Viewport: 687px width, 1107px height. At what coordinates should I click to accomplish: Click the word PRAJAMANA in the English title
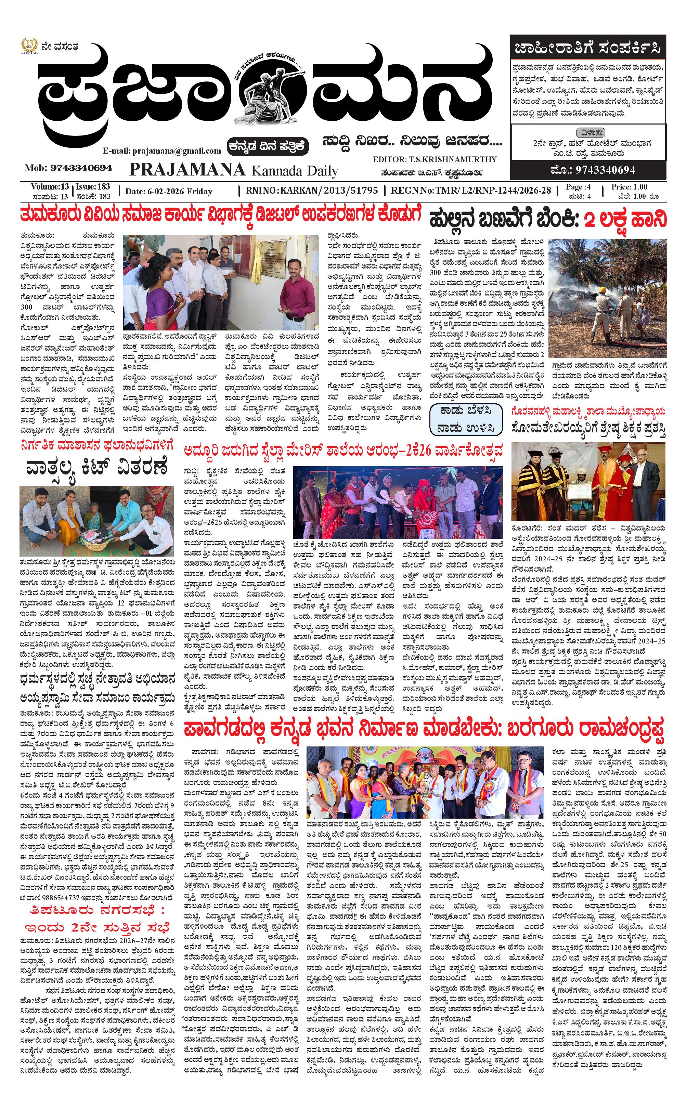point(187,170)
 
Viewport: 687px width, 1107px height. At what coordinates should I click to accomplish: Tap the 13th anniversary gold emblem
point(29,46)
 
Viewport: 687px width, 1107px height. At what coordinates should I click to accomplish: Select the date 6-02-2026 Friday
point(169,191)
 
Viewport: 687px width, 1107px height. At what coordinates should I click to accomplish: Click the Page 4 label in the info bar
point(578,187)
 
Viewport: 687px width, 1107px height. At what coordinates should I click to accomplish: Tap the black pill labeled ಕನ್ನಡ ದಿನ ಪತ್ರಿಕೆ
point(268,147)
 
